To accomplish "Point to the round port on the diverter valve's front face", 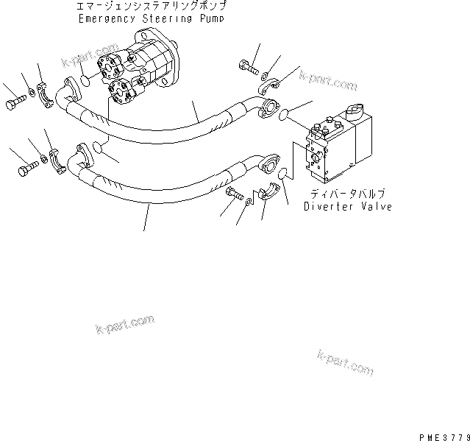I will coord(315,157).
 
